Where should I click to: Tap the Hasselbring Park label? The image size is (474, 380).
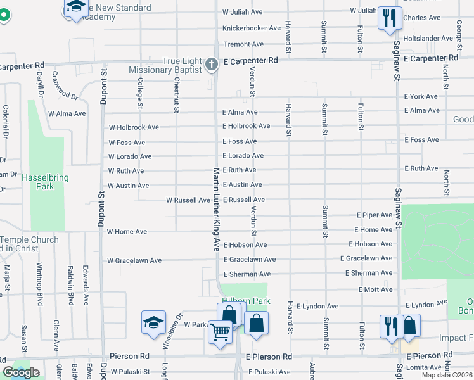(45, 182)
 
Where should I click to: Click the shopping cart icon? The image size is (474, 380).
(220, 331)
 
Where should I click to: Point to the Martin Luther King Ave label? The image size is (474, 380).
(215, 209)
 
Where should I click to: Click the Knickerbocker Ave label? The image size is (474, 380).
(251, 28)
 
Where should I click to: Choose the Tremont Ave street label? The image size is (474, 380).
(243, 44)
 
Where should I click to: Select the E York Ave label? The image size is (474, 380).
(421, 97)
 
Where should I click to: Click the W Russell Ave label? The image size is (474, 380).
(188, 200)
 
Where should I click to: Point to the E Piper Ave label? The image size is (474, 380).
(375, 216)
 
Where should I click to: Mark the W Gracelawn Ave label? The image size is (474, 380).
(134, 260)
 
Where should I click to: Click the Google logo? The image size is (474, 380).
(21, 372)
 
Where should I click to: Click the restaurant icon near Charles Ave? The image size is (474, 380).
(388, 18)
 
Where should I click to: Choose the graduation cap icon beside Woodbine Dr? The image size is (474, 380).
(153, 323)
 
